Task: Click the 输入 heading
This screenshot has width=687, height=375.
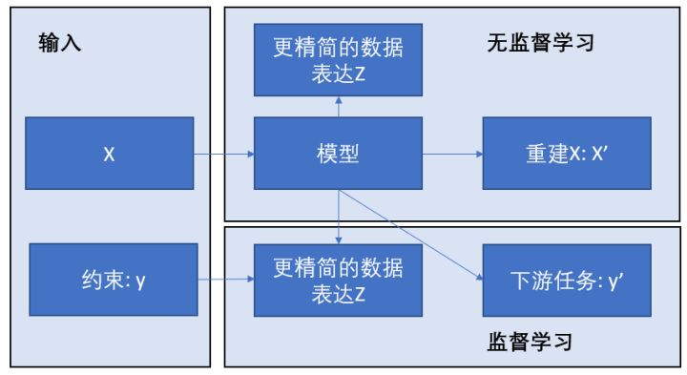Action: pyautogui.click(x=59, y=43)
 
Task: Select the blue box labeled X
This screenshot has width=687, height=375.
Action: pyautogui.click(x=110, y=154)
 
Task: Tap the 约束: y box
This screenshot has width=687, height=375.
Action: pyautogui.click(x=114, y=280)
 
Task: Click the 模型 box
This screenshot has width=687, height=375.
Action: pyautogui.click(x=338, y=154)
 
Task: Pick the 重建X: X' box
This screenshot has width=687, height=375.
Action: pyautogui.click(x=567, y=154)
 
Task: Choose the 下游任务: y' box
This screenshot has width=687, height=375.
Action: pyautogui.click(x=567, y=281)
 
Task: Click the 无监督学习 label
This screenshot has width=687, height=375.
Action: pyautogui.click(x=541, y=43)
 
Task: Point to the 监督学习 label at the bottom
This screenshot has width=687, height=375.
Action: pyautogui.click(x=530, y=342)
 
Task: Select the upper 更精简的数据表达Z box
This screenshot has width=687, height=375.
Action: pyautogui.click(x=338, y=60)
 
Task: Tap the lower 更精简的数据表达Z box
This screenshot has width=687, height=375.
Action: pyautogui.click(x=338, y=281)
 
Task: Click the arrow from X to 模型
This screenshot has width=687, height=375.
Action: pyautogui.click(x=224, y=154)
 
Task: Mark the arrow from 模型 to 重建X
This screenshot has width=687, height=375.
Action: pyautogui.click(x=452, y=154)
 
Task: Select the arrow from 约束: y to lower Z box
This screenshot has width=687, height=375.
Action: pyautogui.click(x=226, y=279)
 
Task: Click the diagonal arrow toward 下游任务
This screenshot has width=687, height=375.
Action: pyautogui.click(x=410, y=235)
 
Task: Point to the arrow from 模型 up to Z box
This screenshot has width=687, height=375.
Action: pyautogui.click(x=338, y=107)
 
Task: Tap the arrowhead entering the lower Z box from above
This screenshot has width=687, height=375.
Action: pyautogui.click(x=338, y=240)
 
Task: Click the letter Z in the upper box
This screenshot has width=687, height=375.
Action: pyautogui.click(x=360, y=74)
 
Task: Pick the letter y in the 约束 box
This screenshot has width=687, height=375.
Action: pyautogui.click(x=140, y=281)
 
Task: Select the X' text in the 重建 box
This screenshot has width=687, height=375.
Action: pyautogui.click(x=599, y=154)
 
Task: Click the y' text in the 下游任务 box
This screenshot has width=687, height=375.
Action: pyautogui.click(x=616, y=281)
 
